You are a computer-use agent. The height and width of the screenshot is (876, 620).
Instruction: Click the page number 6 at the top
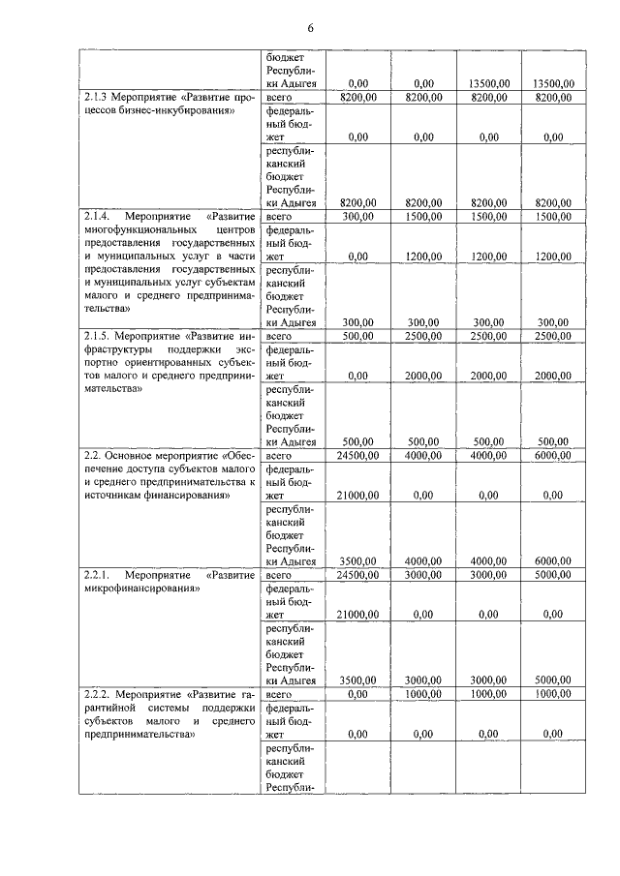click(x=311, y=28)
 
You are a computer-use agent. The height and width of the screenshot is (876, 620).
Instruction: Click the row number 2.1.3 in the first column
click(x=98, y=98)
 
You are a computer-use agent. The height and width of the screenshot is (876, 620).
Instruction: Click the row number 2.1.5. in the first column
click(x=101, y=335)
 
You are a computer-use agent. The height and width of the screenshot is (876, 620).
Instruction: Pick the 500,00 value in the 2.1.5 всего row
click(x=357, y=335)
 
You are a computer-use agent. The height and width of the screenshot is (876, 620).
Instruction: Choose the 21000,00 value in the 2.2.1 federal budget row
click(x=355, y=614)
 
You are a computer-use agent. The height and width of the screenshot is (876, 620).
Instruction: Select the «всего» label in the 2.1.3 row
click(x=279, y=98)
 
